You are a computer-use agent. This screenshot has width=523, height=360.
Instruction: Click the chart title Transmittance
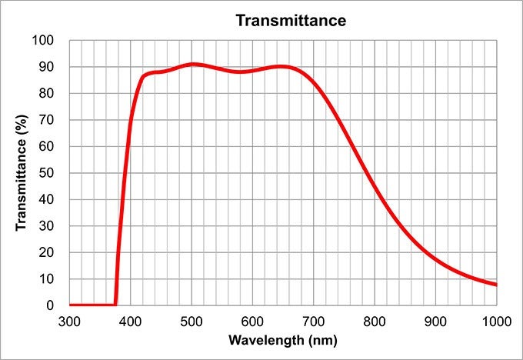click(291, 21)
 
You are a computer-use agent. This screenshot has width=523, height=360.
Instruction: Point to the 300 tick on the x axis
click(69, 319)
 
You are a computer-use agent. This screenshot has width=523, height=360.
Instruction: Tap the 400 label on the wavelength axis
click(130, 319)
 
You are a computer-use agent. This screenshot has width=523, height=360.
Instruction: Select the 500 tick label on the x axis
click(192, 319)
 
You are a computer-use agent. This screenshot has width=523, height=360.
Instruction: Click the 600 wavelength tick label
click(252, 319)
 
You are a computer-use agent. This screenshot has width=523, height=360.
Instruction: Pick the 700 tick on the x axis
click(313, 319)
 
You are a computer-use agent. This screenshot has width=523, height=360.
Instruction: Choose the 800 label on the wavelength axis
click(375, 319)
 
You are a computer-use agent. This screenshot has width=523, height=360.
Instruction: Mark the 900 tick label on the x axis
click(435, 319)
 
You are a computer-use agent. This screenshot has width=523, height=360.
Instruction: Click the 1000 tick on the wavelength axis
click(495, 319)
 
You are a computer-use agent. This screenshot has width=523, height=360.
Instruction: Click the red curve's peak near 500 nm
click(193, 64)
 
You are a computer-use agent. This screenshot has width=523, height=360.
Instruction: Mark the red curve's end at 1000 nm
click(496, 285)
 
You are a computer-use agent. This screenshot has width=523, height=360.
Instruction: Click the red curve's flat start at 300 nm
click(71, 305)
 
